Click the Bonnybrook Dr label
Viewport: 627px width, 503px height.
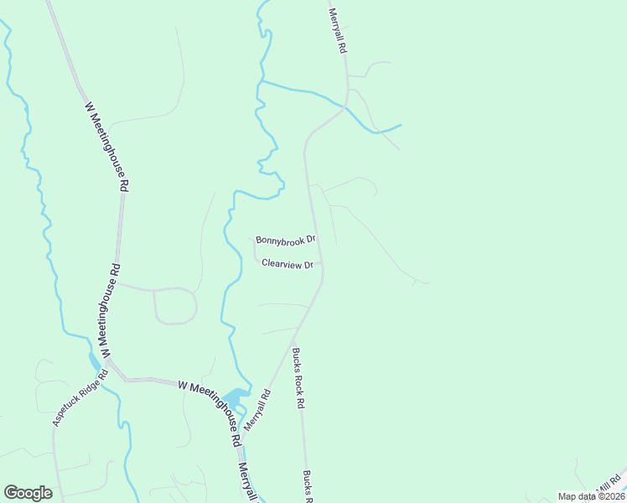[285, 240]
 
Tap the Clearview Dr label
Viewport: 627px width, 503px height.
[288, 263]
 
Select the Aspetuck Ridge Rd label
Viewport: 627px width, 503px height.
[80, 397]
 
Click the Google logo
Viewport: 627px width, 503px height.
[28, 493]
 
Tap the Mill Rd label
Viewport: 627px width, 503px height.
[610, 484]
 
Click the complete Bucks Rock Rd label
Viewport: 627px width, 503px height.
[298, 377]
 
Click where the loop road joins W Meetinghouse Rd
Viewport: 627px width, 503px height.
[117, 284]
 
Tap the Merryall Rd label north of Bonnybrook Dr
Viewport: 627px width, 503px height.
[337, 32]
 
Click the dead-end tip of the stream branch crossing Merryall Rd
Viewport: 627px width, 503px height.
[402, 126]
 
